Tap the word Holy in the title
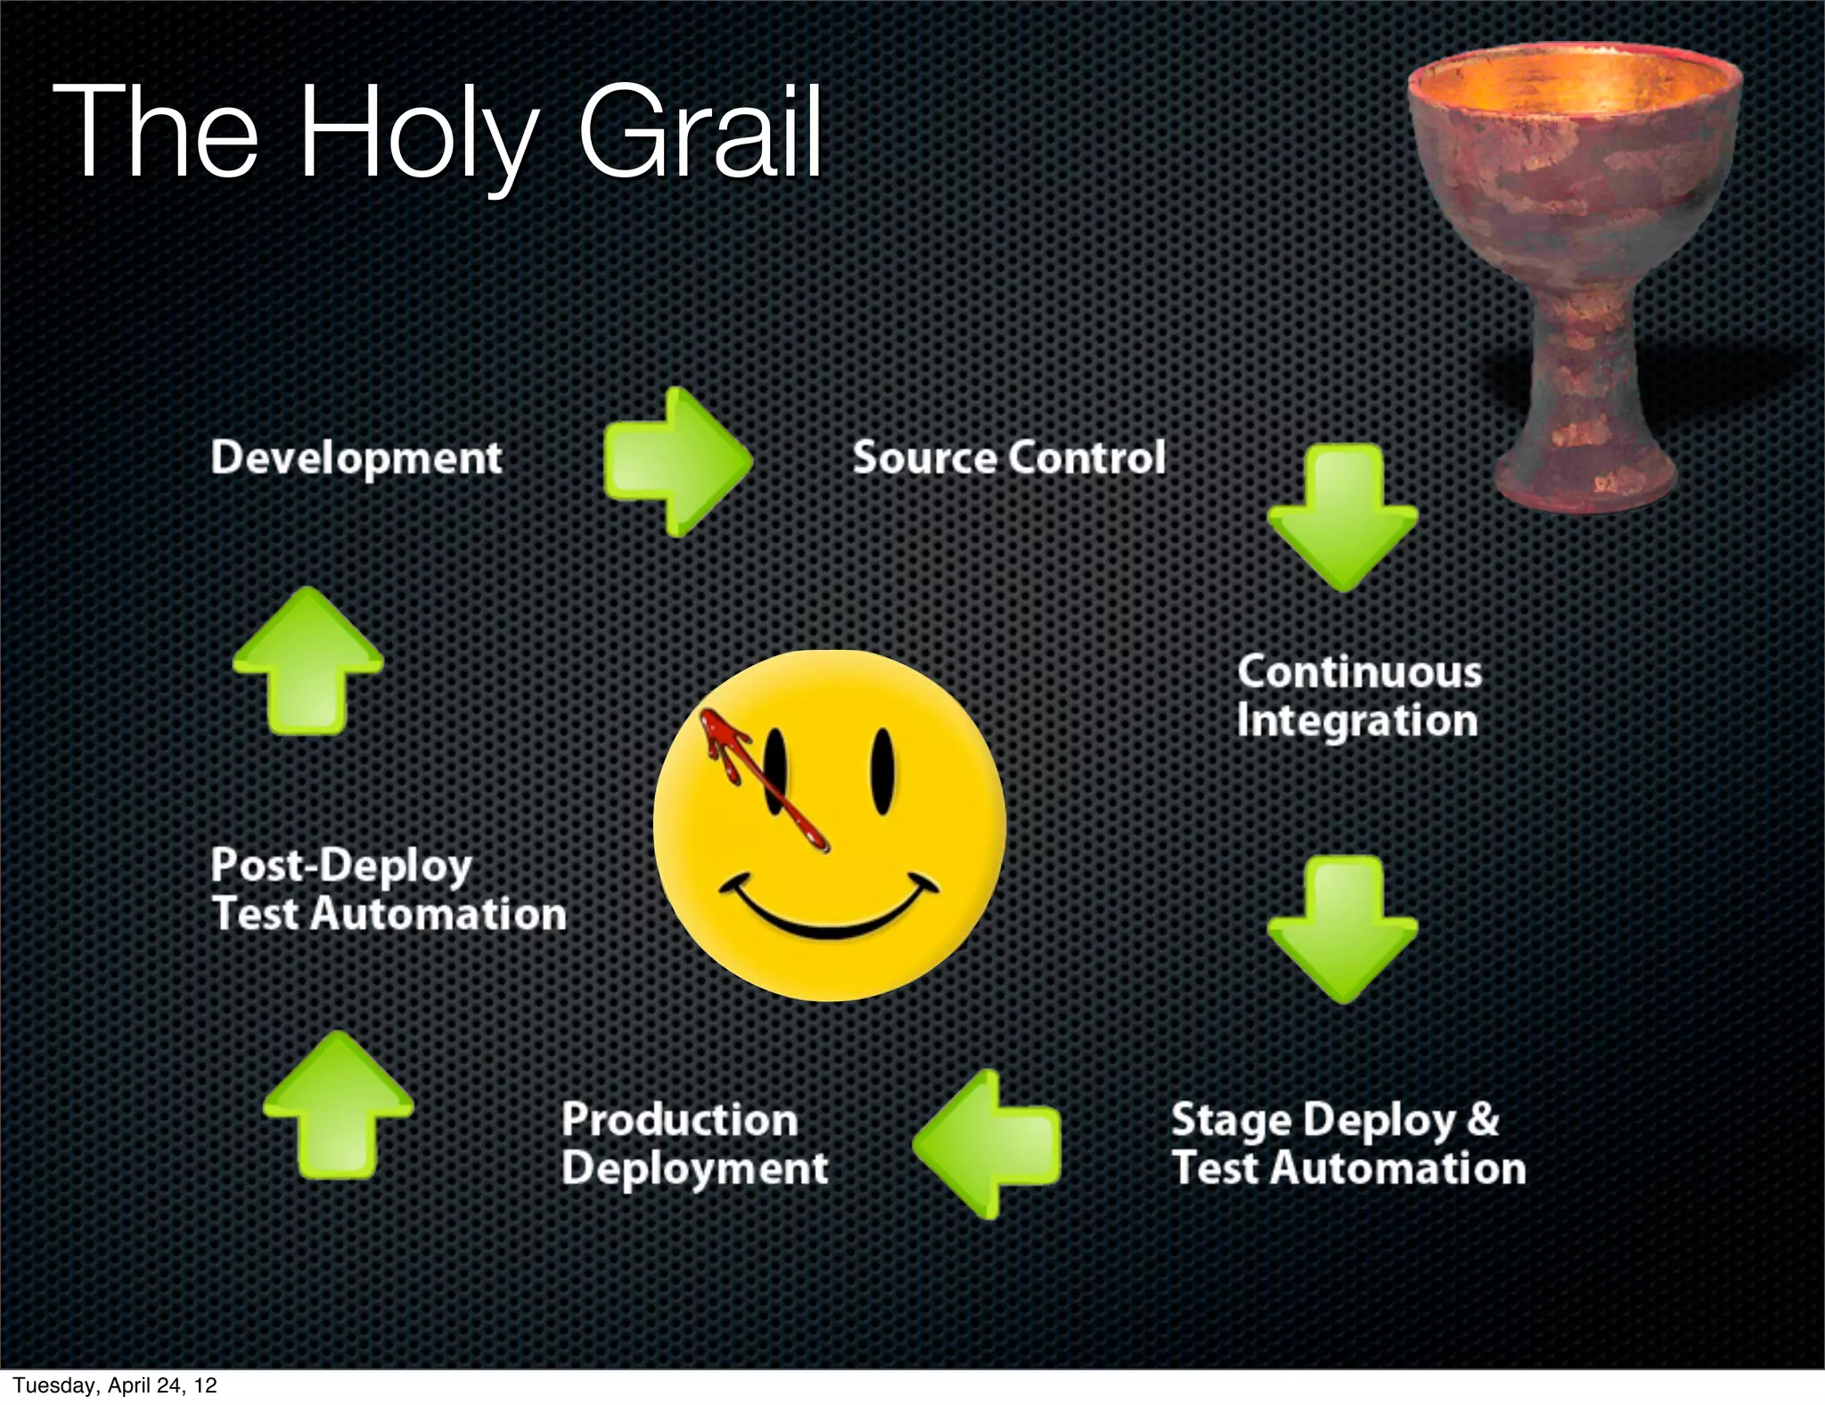[415, 134]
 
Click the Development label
[356, 458]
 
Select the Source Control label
[1009, 458]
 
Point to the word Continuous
[1359, 672]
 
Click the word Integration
[1356, 721]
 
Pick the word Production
[679, 1121]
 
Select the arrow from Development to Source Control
[677, 462]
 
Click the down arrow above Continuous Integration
[1342, 517]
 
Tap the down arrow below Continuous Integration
[1342, 930]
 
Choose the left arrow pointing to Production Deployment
[987, 1145]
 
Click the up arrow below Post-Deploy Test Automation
[338, 1105]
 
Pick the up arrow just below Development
[307, 661]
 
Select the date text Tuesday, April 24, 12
[114, 1385]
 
